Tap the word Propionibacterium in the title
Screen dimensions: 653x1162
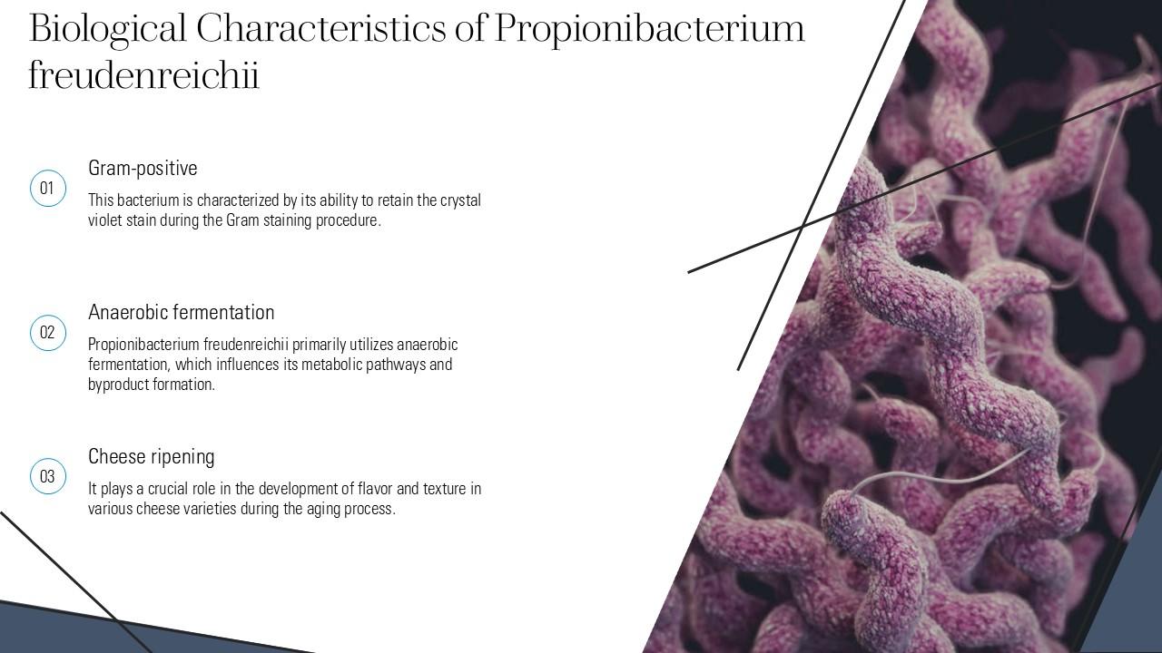point(649,29)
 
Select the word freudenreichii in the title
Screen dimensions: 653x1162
point(143,76)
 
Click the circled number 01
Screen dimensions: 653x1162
point(47,189)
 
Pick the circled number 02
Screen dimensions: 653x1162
point(47,333)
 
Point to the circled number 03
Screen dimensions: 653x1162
point(47,477)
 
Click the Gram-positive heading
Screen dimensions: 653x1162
point(143,168)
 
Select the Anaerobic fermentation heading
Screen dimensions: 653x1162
point(181,312)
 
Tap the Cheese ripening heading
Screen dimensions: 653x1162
point(151,456)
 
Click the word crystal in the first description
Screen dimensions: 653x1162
point(460,200)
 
